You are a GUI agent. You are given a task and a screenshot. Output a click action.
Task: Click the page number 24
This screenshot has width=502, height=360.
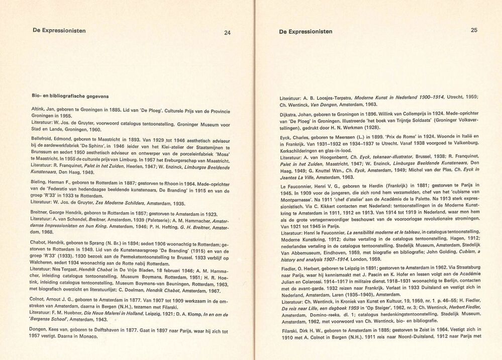pos(227,33)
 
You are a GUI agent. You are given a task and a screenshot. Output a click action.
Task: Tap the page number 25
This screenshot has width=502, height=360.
pos(474,30)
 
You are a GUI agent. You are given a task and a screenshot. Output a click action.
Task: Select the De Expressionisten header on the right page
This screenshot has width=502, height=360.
pos(306,31)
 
